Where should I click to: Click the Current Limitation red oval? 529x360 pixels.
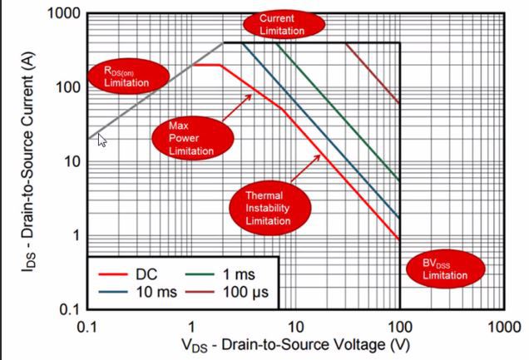click(x=282, y=23)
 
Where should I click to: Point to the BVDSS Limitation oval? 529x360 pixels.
click(x=444, y=269)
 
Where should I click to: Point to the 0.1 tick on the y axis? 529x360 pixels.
click(x=66, y=310)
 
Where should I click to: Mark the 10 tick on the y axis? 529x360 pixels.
click(x=69, y=161)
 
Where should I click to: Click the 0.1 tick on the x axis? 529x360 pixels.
click(x=87, y=326)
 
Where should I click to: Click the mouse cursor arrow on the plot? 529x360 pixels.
click(x=101, y=140)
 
